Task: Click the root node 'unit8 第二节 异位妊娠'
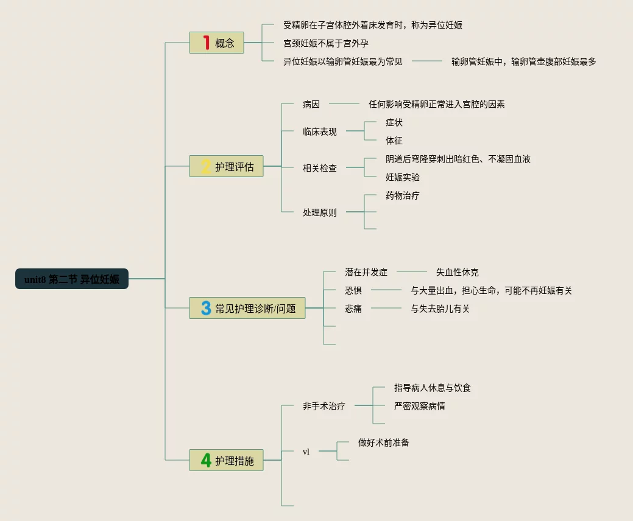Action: click(72, 279)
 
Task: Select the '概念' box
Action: click(217, 43)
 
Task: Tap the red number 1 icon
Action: click(206, 43)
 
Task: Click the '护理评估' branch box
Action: click(227, 167)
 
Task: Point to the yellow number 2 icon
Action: click(206, 166)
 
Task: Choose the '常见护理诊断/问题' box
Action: click(247, 309)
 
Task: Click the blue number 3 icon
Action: click(206, 308)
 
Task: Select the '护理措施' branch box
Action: click(227, 461)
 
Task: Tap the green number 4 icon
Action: click(206, 460)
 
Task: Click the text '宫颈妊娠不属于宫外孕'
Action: click(326, 43)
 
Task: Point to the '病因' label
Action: click(311, 104)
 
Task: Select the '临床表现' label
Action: click(319, 131)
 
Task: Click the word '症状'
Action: click(394, 122)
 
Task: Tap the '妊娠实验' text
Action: click(402, 177)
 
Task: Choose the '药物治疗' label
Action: click(402, 195)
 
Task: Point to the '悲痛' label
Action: click(353, 309)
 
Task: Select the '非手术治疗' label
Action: click(324, 406)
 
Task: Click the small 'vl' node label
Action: click(306, 452)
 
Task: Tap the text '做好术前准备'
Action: click(384, 442)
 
